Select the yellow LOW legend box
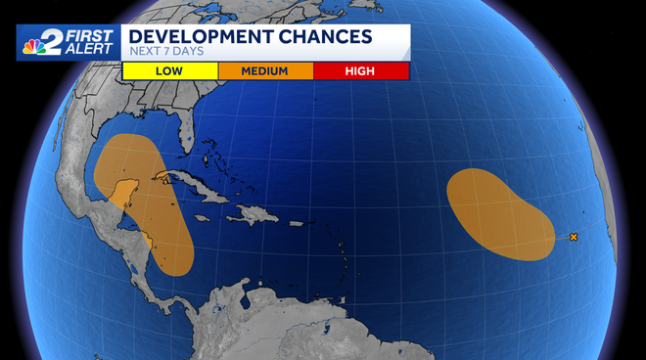point(168,70)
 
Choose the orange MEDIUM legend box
point(264,70)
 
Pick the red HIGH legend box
point(360,70)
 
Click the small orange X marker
point(574,237)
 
